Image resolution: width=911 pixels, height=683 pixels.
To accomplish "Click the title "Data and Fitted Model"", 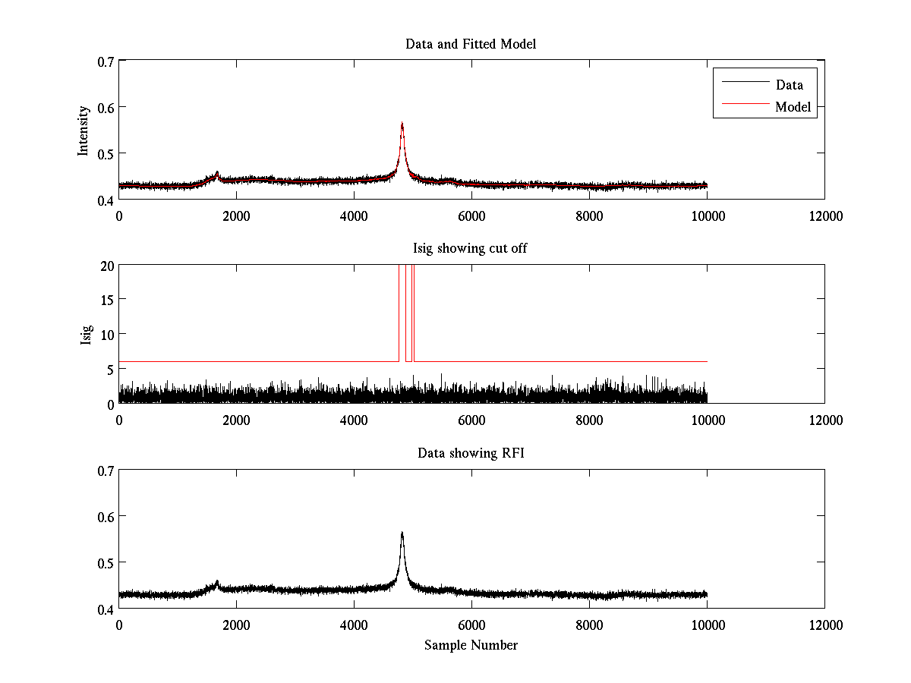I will tap(471, 44).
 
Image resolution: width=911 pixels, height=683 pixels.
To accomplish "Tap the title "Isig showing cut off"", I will tap(471, 248).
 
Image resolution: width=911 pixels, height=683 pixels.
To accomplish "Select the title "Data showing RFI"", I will tap(471, 453).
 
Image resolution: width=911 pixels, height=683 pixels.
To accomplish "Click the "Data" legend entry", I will tap(789, 84).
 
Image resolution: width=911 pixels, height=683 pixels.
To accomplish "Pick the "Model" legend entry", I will tap(793, 107).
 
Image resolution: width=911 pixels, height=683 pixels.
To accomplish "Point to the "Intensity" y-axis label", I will tap(84, 130).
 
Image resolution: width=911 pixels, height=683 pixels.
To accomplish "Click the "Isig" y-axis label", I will tap(86, 334).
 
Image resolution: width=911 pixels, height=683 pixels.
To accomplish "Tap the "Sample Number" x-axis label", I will tap(471, 645).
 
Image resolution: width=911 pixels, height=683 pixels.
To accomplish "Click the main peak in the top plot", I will tap(402, 124).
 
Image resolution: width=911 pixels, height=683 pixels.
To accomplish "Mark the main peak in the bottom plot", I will tap(402, 533).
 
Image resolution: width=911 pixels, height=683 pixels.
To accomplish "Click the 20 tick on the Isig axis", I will tap(106, 265).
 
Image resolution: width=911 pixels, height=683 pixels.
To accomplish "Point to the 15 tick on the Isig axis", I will tap(106, 300).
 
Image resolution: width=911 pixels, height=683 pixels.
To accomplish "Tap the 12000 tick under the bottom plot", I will tap(824, 625).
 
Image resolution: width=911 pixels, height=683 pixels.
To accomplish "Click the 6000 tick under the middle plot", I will tap(471, 420).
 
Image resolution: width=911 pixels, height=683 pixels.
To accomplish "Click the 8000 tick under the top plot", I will tap(589, 216).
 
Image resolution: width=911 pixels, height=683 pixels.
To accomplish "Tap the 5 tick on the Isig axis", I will tap(109, 369).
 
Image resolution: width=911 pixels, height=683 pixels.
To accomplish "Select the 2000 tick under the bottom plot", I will tap(236, 625).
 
